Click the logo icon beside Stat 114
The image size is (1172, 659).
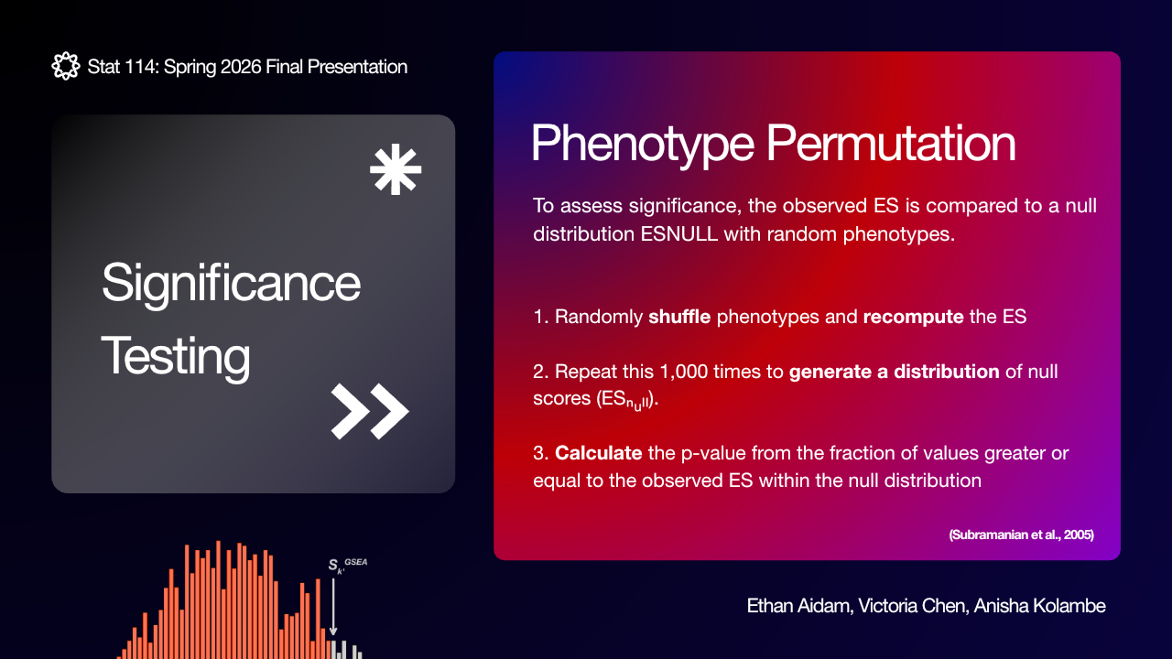pyautogui.click(x=66, y=66)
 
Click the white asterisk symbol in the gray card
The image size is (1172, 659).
pyautogui.click(x=396, y=169)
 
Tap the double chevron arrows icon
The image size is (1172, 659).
pyautogui.click(x=370, y=411)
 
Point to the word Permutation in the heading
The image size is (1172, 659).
pyautogui.click(x=891, y=144)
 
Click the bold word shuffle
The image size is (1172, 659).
pyautogui.click(x=679, y=317)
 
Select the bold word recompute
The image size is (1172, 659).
pyautogui.click(x=914, y=318)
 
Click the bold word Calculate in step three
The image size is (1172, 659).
pyautogui.click(x=599, y=453)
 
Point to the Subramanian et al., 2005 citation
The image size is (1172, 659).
pyautogui.click(x=1021, y=535)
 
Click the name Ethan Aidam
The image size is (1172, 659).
pyautogui.click(x=800, y=606)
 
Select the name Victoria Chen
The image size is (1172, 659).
pyautogui.click(x=913, y=606)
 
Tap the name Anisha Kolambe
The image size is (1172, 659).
pyautogui.click(x=1039, y=606)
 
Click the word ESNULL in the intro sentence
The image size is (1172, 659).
pyautogui.click(x=679, y=233)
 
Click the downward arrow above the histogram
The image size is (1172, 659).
pyautogui.click(x=333, y=607)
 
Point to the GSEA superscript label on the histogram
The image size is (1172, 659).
pyautogui.click(x=356, y=562)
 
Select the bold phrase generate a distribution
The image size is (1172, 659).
pyautogui.click(x=895, y=372)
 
